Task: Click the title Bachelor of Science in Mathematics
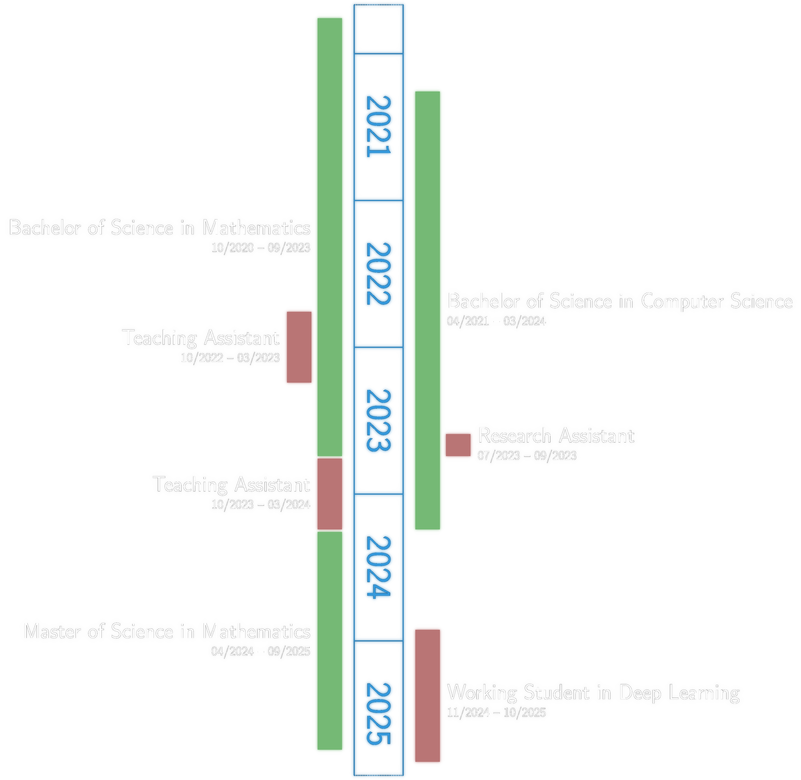pyautogui.click(x=160, y=227)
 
